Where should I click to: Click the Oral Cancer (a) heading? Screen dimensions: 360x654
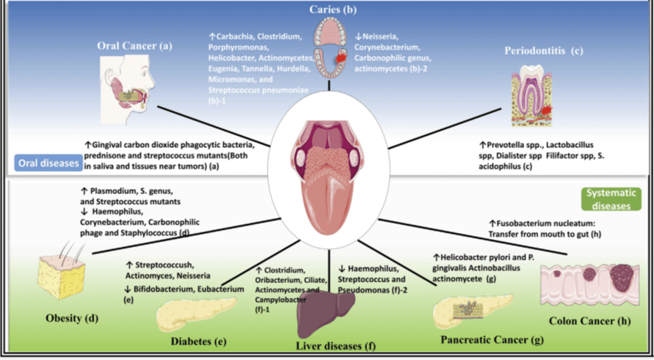[135, 46]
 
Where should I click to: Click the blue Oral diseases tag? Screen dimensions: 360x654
[46, 161]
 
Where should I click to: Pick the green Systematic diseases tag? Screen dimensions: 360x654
[611, 196]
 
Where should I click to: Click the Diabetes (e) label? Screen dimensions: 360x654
[198, 341]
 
